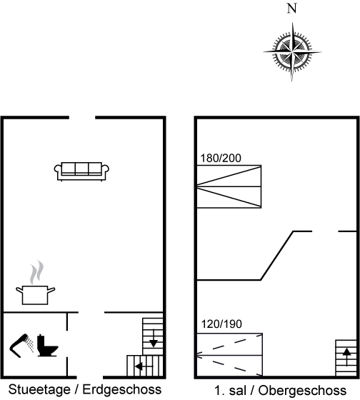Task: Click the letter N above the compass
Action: [292, 9]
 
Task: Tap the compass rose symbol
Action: [292, 52]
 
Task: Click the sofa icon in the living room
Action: [81, 171]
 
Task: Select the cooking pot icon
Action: [35, 295]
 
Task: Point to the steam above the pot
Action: [36, 272]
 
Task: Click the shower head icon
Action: [21, 346]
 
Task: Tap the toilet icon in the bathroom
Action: [48, 345]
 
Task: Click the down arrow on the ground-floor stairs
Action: [153, 339]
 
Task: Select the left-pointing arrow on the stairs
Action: [144, 366]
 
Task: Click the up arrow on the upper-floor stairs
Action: [346, 357]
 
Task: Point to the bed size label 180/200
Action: [221, 158]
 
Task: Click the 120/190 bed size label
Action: [221, 324]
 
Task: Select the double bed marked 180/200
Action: [229, 186]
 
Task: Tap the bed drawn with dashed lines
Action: [229, 354]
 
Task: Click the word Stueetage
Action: [39, 390]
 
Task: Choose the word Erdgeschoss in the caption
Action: [122, 390]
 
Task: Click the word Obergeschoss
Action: [302, 391]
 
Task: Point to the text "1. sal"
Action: [231, 391]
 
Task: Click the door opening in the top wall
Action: [82, 118]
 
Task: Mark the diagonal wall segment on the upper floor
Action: [277, 256]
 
